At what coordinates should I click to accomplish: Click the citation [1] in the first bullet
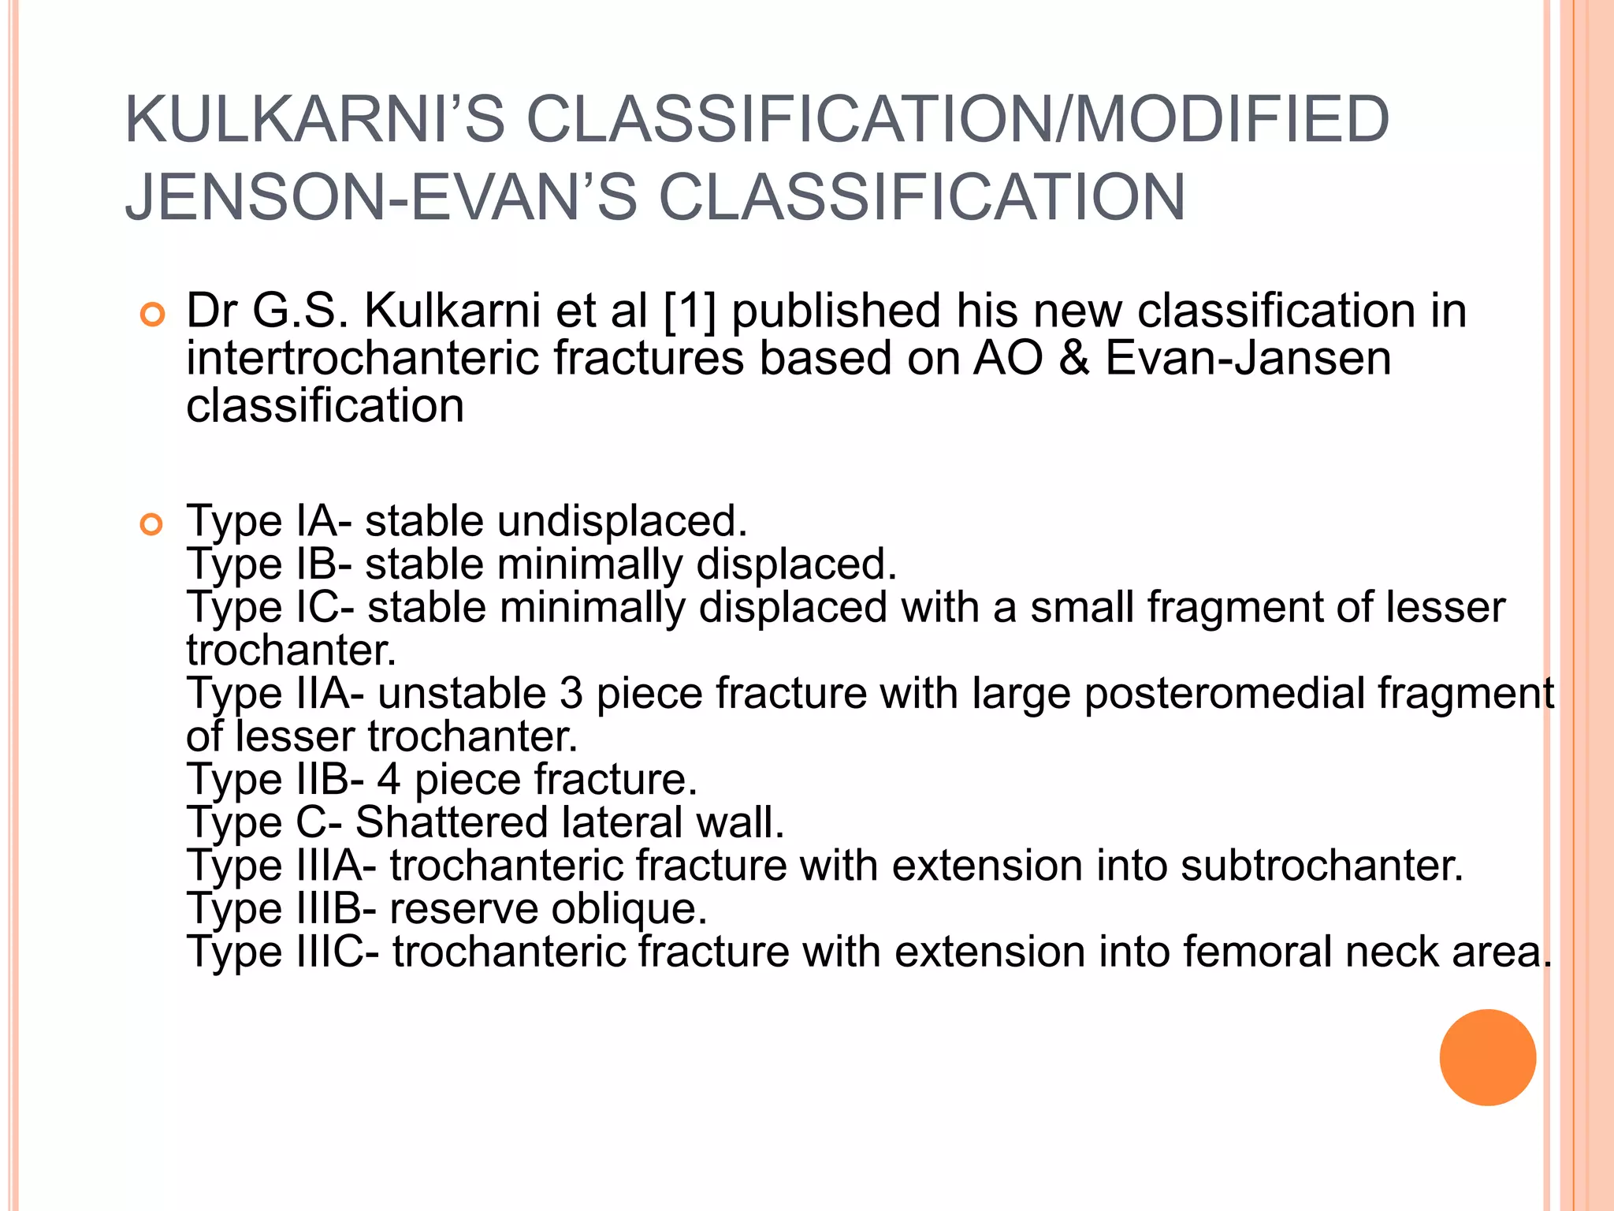coord(690,311)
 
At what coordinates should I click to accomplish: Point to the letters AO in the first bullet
coord(1008,358)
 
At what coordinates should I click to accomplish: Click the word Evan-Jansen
coord(1248,358)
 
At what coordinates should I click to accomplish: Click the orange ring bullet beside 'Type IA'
coord(151,524)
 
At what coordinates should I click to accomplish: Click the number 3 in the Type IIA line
coord(571,694)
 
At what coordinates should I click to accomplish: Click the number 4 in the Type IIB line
coord(389,780)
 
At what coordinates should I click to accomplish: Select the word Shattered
coord(450,822)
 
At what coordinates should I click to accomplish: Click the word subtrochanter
coord(1322,866)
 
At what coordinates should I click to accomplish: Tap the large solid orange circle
coord(1487,1057)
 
